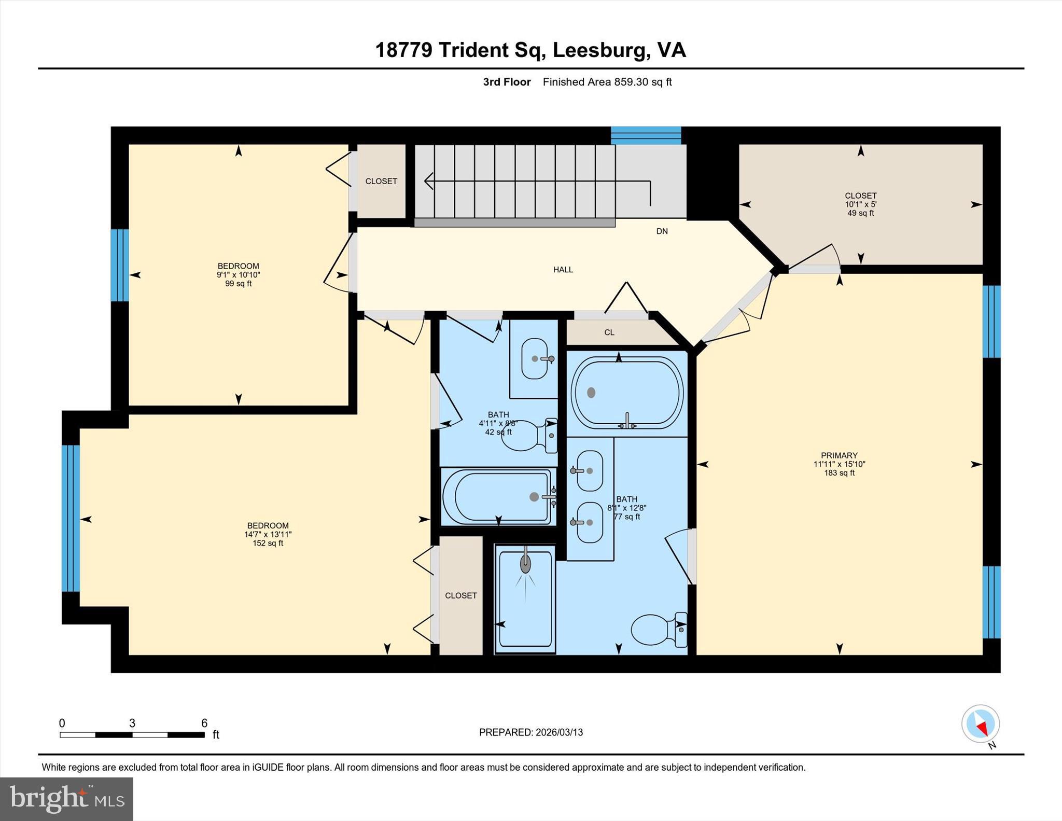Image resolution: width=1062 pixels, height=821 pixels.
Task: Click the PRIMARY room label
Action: pyautogui.click(x=839, y=455)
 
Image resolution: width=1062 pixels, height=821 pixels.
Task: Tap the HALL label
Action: pyautogui.click(x=563, y=270)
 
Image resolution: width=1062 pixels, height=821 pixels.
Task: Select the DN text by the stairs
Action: pyautogui.click(x=662, y=231)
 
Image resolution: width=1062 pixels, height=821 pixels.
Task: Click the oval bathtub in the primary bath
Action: pyautogui.click(x=627, y=393)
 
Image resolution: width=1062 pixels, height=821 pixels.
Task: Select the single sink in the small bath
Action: pyautogui.click(x=535, y=358)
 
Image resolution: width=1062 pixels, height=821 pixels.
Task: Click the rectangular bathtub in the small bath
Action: pyautogui.click(x=498, y=497)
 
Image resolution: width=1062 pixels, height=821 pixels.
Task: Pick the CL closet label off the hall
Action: pyautogui.click(x=609, y=332)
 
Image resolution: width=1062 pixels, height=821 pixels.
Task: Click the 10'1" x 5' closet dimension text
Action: pyautogui.click(x=860, y=204)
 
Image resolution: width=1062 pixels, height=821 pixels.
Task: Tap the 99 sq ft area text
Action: pyautogui.click(x=238, y=284)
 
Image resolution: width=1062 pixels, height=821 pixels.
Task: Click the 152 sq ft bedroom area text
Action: pyautogui.click(x=268, y=543)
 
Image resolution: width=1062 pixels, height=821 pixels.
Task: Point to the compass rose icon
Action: pyautogui.click(x=980, y=723)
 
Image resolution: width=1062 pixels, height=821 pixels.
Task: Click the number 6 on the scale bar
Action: pyautogui.click(x=204, y=723)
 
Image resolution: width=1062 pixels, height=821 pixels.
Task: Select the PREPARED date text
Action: pyautogui.click(x=530, y=732)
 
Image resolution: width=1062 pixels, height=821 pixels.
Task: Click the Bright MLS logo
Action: pyautogui.click(x=66, y=799)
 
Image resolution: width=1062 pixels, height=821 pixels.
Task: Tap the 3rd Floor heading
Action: pyautogui.click(x=507, y=82)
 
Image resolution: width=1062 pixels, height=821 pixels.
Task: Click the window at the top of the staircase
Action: pyautogui.click(x=646, y=135)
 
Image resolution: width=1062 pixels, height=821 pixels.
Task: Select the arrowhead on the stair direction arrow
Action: pyautogui.click(x=428, y=181)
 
